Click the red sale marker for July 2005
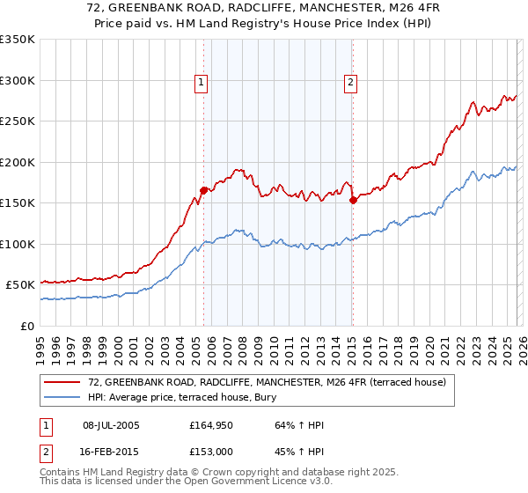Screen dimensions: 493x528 pos(203,189)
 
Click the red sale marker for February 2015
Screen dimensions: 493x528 pos(353,200)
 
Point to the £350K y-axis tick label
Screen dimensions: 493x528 pos(18,40)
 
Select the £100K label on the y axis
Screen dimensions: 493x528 pos(18,244)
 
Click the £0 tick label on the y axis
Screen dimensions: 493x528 pos(26,326)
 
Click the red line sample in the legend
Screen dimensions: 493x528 pos(62,382)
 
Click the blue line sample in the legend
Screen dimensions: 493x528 pos(62,397)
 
